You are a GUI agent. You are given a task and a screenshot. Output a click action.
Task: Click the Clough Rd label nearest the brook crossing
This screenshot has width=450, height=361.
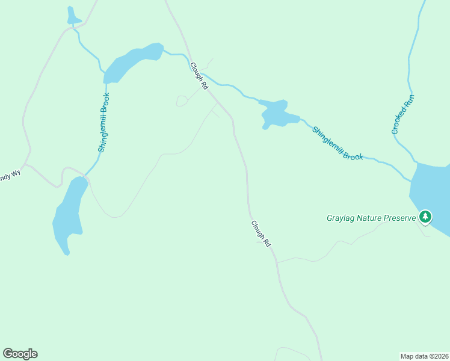[x=199, y=76]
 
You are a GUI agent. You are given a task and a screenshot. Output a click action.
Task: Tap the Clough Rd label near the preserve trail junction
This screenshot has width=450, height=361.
[x=261, y=233]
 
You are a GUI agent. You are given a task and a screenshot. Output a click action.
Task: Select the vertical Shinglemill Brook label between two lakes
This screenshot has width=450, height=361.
[x=104, y=122]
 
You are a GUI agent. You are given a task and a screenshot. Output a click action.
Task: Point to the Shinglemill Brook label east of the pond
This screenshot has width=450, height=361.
[x=337, y=143]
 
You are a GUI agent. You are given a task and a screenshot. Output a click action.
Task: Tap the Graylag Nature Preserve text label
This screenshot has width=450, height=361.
[x=371, y=217]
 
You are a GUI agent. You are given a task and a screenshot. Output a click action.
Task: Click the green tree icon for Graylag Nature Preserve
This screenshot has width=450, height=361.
[x=425, y=217]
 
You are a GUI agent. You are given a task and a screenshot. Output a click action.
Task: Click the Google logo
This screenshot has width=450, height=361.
[x=20, y=354]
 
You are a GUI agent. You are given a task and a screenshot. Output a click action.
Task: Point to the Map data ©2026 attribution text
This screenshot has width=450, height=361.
[x=424, y=356]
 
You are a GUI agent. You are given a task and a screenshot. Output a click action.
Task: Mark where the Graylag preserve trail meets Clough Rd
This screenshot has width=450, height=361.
[x=277, y=262]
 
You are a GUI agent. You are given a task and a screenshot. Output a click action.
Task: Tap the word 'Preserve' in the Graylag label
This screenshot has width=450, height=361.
[x=396, y=217]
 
